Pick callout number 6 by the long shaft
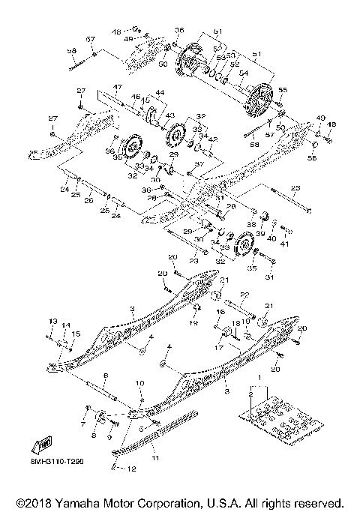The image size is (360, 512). [x=106, y=375]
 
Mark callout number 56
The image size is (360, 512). [x=312, y=159]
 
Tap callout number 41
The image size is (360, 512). [x=285, y=244]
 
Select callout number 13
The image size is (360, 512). [x=52, y=321]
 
